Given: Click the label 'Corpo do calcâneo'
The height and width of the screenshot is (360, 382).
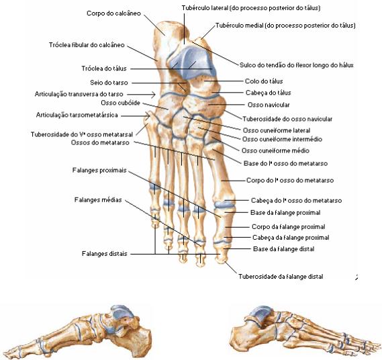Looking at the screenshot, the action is click(113, 13).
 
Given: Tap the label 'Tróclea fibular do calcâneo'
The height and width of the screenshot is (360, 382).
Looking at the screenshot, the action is click(87, 45).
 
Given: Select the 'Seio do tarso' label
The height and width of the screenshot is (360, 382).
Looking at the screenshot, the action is click(109, 83).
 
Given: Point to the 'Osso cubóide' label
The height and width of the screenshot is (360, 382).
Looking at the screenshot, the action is click(120, 103).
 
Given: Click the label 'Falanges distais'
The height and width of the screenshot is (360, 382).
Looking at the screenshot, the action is click(105, 254).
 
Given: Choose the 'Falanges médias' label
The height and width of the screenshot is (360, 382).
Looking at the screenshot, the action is click(98, 200).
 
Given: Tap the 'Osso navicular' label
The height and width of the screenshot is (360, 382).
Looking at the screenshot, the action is click(269, 105).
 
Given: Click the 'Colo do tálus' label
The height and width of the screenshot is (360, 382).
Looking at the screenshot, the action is click(264, 81).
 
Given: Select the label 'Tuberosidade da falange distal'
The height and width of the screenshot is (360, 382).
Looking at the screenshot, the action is click(281, 277).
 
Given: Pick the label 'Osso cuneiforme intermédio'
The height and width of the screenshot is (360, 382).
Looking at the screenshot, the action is click(282, 139).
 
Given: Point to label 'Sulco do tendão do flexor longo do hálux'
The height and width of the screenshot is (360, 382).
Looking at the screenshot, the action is click(297, 65).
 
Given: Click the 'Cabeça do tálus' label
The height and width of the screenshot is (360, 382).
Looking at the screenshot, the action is click(269, 93).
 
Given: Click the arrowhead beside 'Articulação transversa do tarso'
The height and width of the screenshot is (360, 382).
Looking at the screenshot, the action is click(154, 94).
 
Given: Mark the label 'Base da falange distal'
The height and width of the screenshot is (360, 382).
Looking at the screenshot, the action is click(283, 249).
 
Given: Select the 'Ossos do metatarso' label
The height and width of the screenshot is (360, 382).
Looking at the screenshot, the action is click(100, 142).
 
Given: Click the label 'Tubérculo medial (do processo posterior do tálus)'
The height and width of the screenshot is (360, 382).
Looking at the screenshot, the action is click(285, 26).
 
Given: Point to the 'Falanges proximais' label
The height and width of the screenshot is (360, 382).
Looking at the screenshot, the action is click(99, 170).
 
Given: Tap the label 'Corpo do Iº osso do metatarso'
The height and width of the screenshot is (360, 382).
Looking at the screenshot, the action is click(290, 181).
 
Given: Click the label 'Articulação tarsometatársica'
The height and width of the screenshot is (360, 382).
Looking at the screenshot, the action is click(77, 115).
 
